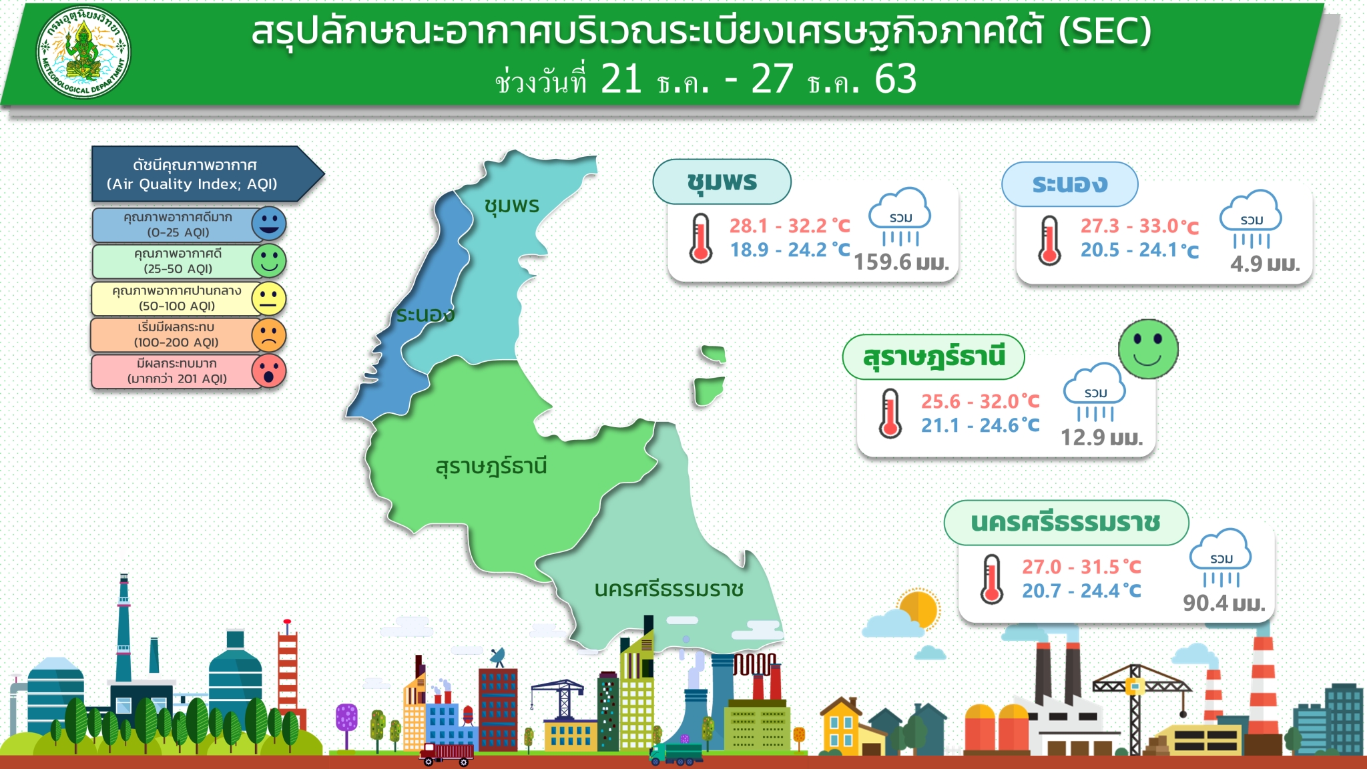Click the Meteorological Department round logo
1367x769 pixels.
pyautogui.click(x=83, y=52)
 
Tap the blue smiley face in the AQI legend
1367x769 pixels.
pyautogui.click(x=269, y=224)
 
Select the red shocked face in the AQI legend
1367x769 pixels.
pyautogui.click(x=269, y=371)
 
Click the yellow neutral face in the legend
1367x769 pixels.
pyautogui.click(x=269, y=298)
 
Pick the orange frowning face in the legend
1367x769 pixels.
pyautogui.click(x=269, y=335)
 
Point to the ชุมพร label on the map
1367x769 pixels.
pyautogui.click(x=512, y=206)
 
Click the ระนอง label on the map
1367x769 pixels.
pyautogui.click(x=425, y=314)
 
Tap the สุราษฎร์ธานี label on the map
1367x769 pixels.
pyautogui.click(x=491, y=465)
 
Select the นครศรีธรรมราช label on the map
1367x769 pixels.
pyautogui.click(x=669, y=589)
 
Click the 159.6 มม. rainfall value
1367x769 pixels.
pyautogui.click(x=902, y=262)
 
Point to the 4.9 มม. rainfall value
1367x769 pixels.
pyautogui.click(x=1266, y=264)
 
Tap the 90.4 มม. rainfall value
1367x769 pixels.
pyautogui.click(x=1224, y=603)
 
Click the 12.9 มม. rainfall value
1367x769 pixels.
pyautogui.click(x=1102, y=437)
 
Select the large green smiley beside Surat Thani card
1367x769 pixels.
pyautogui.click(x=1148, y=348)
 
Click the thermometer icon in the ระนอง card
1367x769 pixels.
pyautogui.click(x=1049, y=240)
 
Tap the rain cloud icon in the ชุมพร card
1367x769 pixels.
pyautogui.click(x=900, y=217)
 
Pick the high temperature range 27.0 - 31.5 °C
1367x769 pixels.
pyautogui.click(x=1081, y=567)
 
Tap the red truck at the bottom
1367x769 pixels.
pyautogui.click(x=447, y=754)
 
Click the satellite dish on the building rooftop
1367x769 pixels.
pyautogui.click(x=497, y=656)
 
